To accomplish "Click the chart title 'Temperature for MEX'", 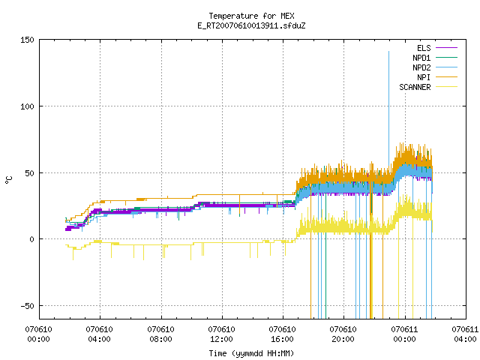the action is tap(251, 16).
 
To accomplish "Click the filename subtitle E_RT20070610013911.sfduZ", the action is tap(251, 25).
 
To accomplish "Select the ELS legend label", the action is tap(424, 48).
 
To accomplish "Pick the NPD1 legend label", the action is tap(421, 58).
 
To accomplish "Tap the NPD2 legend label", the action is tap(421, 67).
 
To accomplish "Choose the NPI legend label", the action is tap(424, 77).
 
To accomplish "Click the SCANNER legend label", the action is tap(415, 87).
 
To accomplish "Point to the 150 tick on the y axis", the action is tap(27, 40).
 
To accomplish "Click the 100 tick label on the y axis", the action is tap(27, 106).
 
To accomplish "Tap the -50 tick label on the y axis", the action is tap(27, 306).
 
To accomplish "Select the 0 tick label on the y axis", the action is tap(31, 239).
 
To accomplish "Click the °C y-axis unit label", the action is tap(8, 180).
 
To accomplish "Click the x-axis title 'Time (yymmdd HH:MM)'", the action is tap(251, 353).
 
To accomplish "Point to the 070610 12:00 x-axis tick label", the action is tap(221, 334).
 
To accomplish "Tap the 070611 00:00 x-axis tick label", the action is tap(404, 334).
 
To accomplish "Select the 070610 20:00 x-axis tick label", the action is tap(343, 334).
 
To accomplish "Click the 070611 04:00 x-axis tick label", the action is tap(465, 334).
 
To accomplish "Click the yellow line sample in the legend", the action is tap(446, 87).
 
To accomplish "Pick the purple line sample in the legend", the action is tap(446, 48).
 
